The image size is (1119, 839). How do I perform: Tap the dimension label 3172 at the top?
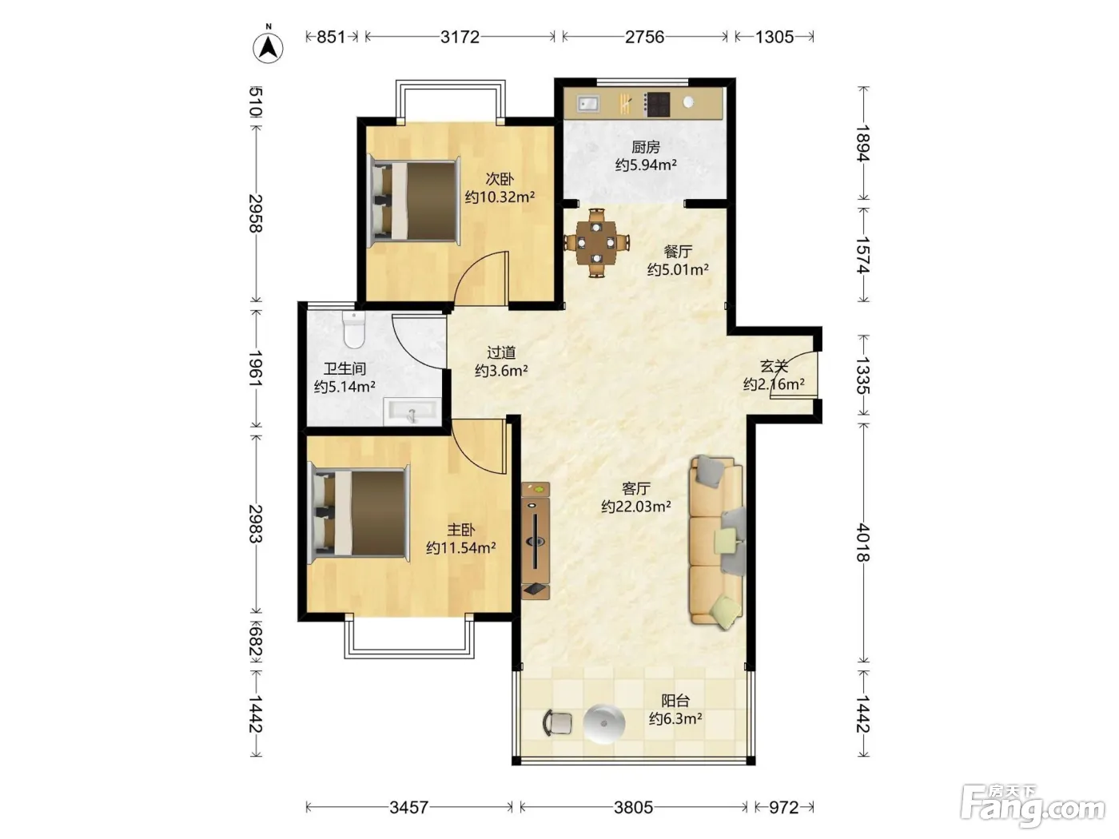(460, 37)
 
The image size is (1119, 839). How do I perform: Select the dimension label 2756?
(644, 37)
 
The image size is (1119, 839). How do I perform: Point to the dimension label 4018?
(862, 543)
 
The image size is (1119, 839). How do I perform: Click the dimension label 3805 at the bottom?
(633, 807)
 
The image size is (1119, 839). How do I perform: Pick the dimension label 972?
(783, 807)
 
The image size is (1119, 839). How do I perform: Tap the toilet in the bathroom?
(354, 329)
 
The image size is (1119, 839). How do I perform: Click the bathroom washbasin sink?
(412, 411)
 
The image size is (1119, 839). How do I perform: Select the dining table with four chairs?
(596, 242)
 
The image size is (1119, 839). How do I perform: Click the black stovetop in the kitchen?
(656, 104)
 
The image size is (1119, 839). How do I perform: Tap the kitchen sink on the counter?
(587, 104)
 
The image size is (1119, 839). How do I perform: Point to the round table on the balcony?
(604, 724)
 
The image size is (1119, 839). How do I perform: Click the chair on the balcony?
(556, 723)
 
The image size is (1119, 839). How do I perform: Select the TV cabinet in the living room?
(536, 540)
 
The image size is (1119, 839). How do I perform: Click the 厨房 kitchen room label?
(645, 147)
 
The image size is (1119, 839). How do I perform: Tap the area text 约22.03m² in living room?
(635, 507)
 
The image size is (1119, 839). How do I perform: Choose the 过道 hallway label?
(501, 352)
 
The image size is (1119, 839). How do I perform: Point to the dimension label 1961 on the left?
(255, 368)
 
